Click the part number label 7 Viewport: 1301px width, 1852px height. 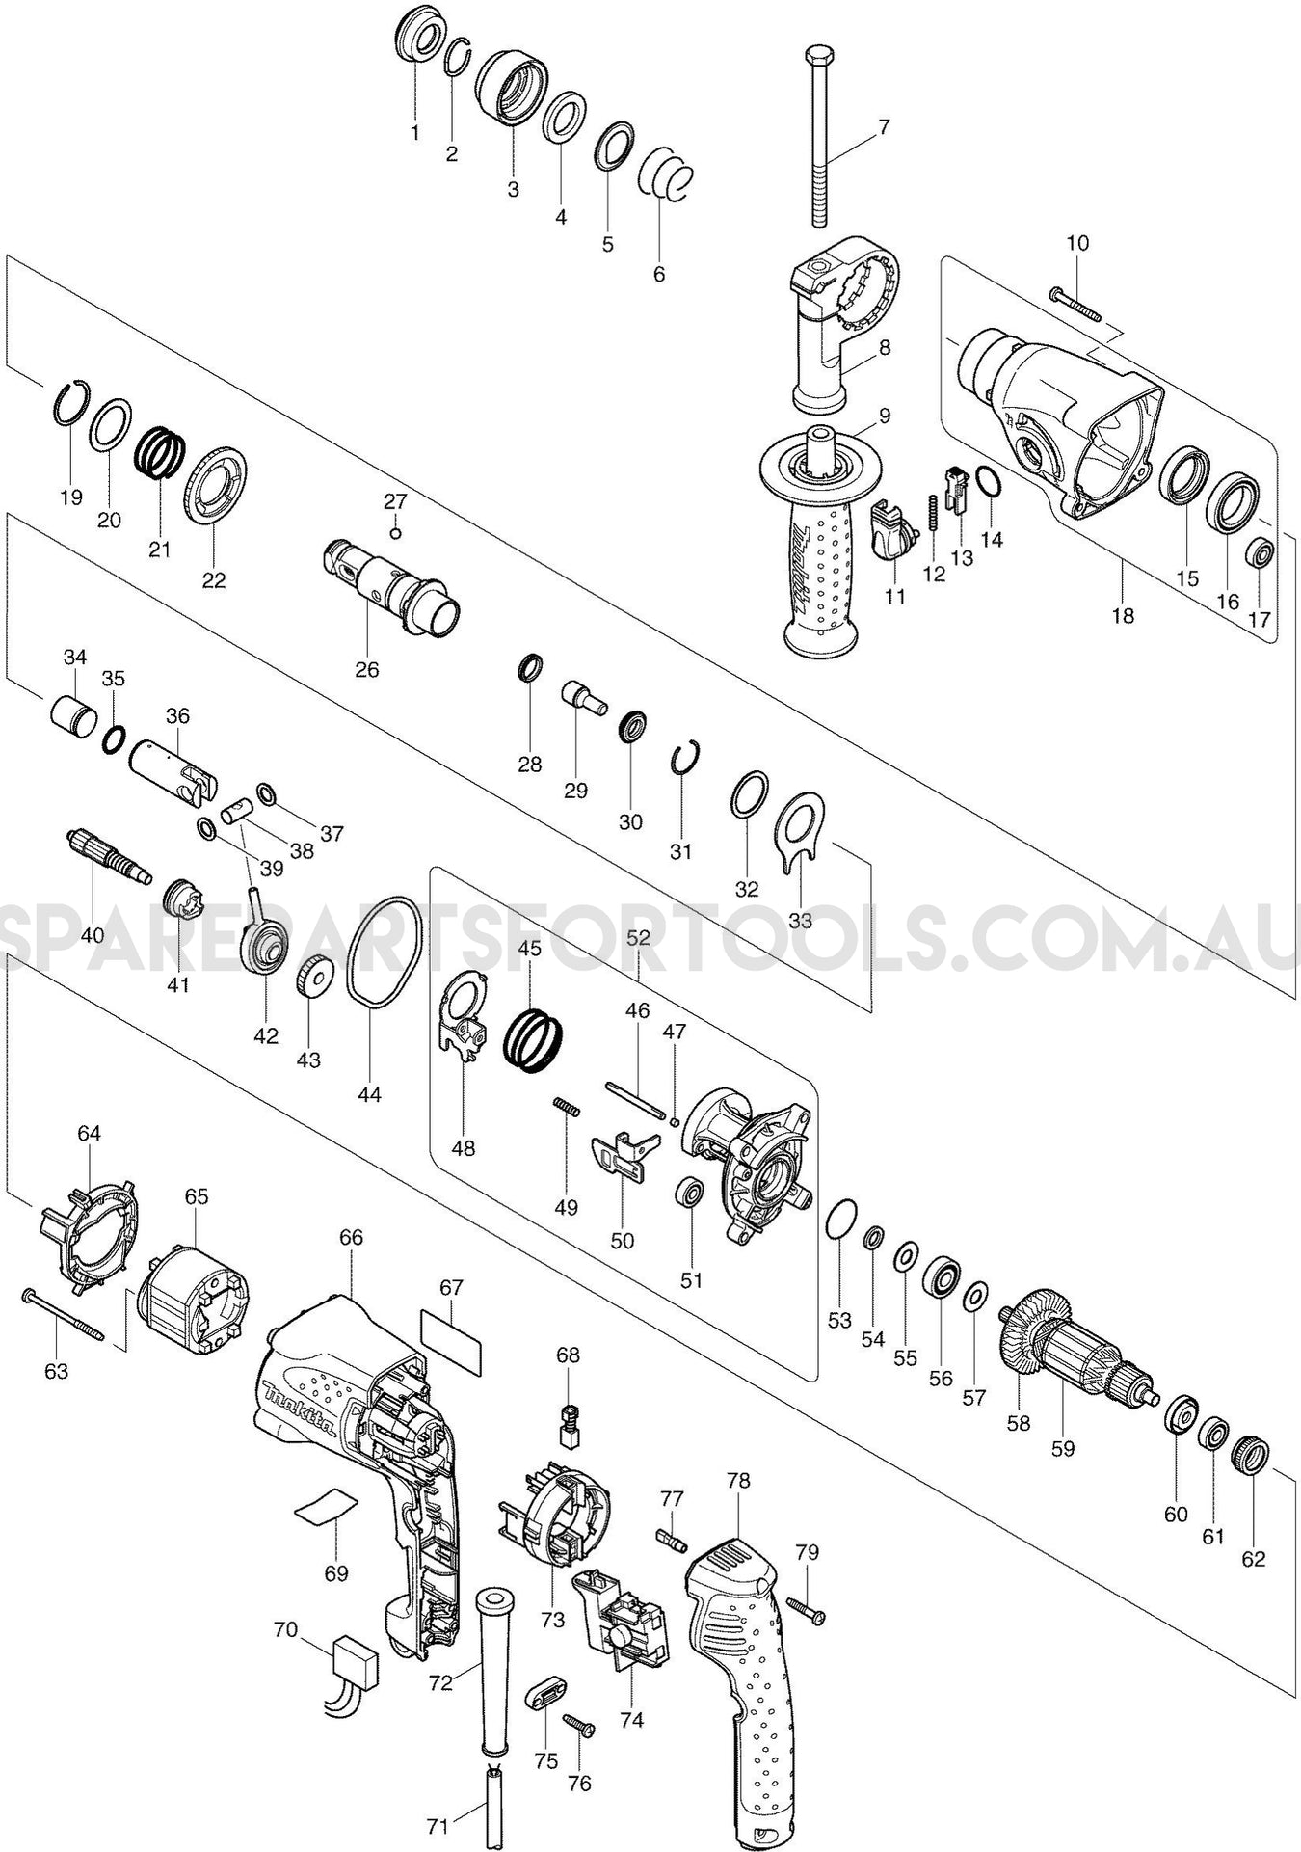tap(884, 126)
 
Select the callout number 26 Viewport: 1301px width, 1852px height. tap(367, 669)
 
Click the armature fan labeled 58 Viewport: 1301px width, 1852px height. tap(1037, 1335)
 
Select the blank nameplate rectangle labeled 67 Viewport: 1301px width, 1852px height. tap(451, 1340)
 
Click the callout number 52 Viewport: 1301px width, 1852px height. tap(638, 936)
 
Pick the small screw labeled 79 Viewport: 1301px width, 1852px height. tap(808, 1609)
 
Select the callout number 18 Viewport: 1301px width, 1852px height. tap(1124, 615)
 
